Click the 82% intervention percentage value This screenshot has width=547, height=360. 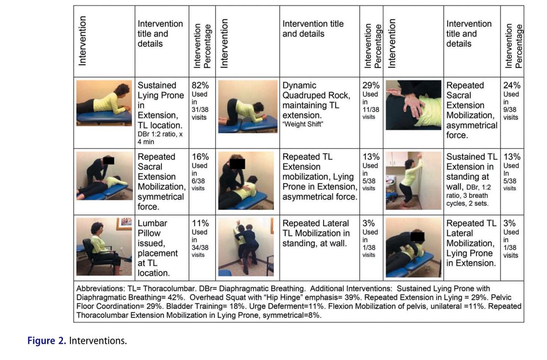199,85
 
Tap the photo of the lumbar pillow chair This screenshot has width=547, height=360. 104,247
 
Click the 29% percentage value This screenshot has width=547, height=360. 371,85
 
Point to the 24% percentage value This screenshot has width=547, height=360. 511,85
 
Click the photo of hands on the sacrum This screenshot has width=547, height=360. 413,105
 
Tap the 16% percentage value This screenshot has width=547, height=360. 199,157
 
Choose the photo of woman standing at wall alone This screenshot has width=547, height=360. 413,180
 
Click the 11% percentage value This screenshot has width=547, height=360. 199,223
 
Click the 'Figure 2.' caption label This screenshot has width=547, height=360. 47,341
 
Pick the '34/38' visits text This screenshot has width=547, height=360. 198,247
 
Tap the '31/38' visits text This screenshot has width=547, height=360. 198,110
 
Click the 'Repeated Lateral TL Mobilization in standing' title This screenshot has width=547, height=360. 316,233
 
